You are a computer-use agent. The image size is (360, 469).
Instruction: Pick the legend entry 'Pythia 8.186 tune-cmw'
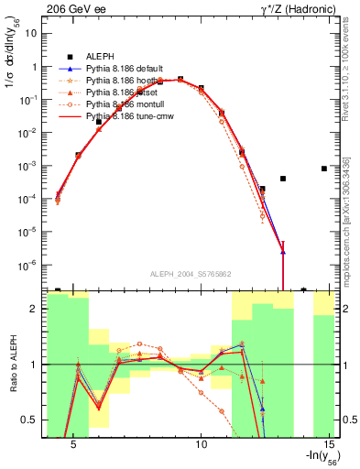tap(128, 118)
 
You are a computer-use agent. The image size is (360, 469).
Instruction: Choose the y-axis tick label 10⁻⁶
tap(27, 265)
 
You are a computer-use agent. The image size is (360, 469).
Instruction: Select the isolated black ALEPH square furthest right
tap(324, 169)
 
